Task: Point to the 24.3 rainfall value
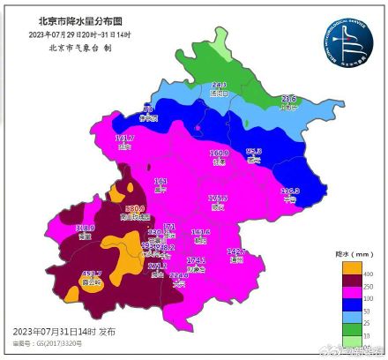pyautogui.click(x=220, y=85)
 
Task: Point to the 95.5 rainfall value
pyautogui.click(x=254, y=152)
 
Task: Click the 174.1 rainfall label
pyautogui.click(x=196, y=260)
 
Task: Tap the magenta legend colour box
pyautogui.click(x=347, y=287)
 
